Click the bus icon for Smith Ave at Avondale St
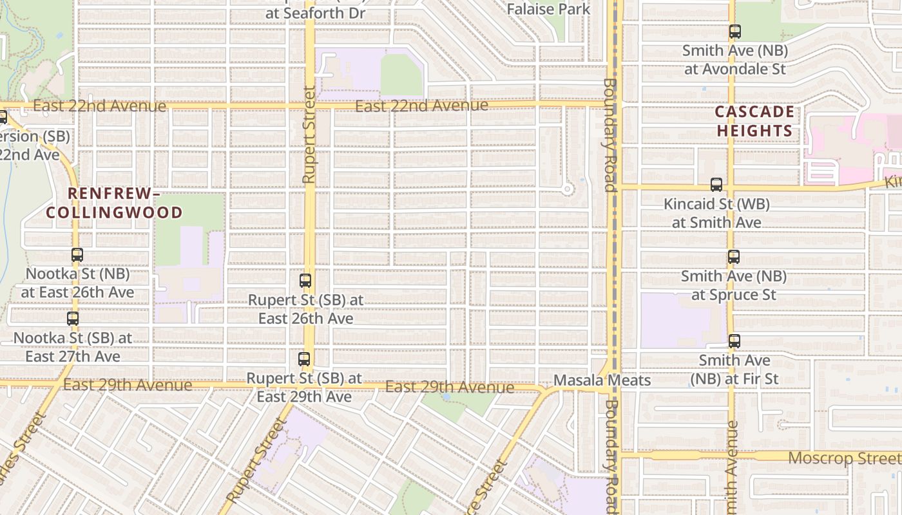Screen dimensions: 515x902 click(x=734, y=31)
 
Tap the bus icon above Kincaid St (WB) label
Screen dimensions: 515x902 click(x=716, y=185)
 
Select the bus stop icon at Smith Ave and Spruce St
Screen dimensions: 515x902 click(x=733, y=257)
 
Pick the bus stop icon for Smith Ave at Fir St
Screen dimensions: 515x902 click(x=734, y=341)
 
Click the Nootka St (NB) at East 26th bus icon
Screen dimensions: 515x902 click(x=77, y=255)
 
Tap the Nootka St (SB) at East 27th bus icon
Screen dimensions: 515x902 click(x=73, y=318)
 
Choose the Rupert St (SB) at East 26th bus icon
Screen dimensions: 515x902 click(x=305, y=281)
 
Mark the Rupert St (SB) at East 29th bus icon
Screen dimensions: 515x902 click(x=304, y=359)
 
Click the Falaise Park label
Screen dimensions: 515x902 click(x=548, y=9)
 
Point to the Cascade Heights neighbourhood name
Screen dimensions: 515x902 click(x=754, y=121)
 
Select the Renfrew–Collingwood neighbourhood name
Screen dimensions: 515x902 click(x=115, y=203)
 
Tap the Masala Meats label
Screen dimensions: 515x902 click(x=602, y=380)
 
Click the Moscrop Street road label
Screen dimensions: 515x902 click(x=844, y=458)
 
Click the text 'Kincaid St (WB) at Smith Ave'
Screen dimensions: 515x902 click(x=716, y=213)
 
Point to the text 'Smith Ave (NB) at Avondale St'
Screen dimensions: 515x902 click(x=734, y=59)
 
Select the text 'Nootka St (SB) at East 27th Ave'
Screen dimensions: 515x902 click(x=72, y=346)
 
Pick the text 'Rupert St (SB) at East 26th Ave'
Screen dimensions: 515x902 click(x=305, y=309)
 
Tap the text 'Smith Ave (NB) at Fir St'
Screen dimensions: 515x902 click(x=734, y=370)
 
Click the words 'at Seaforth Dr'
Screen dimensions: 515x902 click(x=315, y=13)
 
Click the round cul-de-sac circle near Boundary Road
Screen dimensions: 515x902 click(x=567, y=189)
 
